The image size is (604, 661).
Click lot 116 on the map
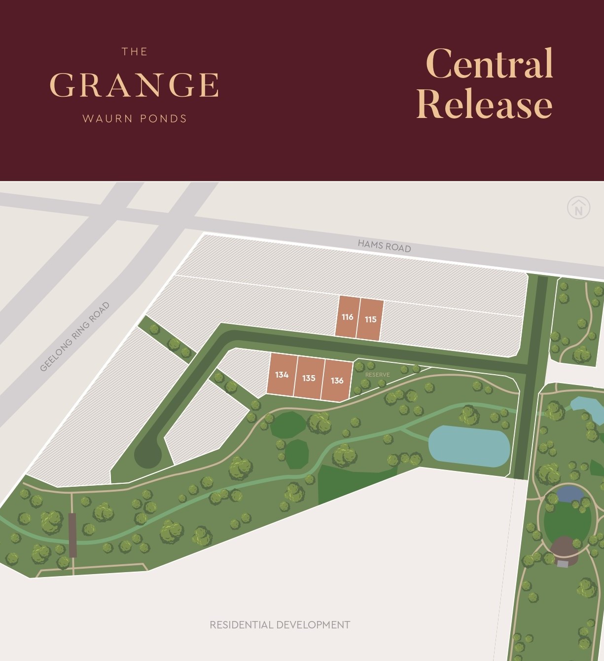pos(348,317)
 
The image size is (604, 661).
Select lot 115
pos(370,319)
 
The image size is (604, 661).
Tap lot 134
pos(282,375)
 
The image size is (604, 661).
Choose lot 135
pos(309,378)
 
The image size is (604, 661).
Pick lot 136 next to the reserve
pos(337,380)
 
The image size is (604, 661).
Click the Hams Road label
pos(384,245)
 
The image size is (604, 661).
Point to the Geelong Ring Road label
pos(74,337)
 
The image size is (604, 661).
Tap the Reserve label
pos(377,375)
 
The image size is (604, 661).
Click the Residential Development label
pos(280,625)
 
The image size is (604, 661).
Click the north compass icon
pos(578,208)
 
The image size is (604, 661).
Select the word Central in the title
pos(490,64)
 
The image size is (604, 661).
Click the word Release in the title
pos(484,104)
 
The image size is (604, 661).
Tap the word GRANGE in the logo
pos(134,85)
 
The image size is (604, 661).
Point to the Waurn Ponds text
pos(135,118)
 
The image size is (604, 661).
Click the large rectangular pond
pos(469,446)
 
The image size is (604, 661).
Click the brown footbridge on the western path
pos(73,535)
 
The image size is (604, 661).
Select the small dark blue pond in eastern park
pos(569,493)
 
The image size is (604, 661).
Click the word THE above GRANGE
pos(135,52)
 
